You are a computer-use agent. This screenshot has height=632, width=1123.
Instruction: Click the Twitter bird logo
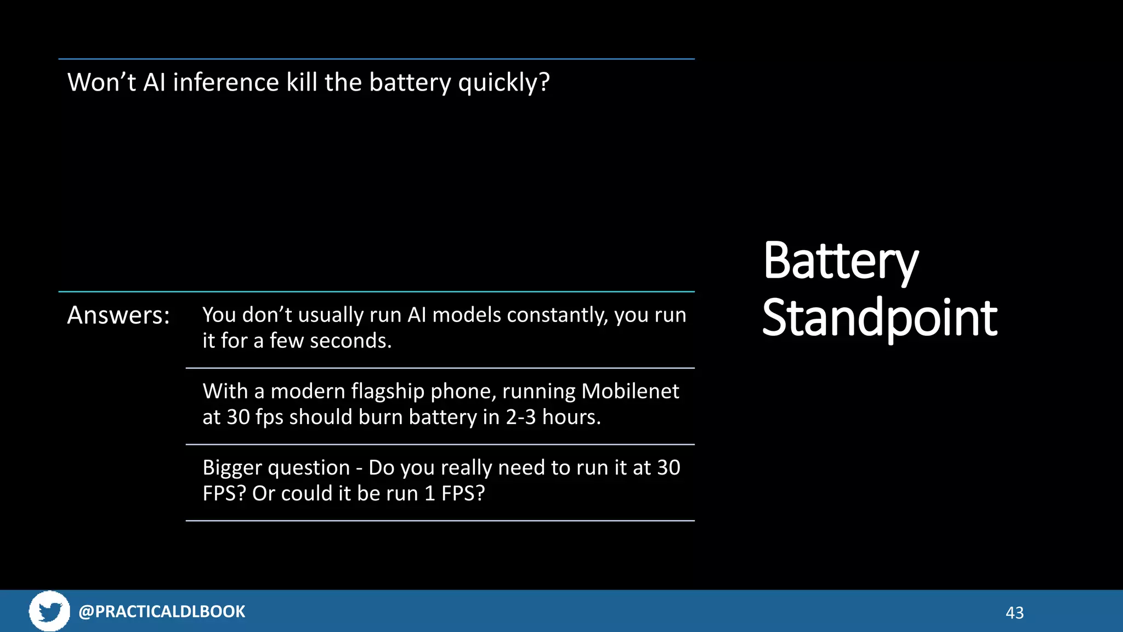pyautogui.click(x=49, y=611)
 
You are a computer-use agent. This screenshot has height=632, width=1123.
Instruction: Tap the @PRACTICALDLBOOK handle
pyautogui.click(x=162, y=611)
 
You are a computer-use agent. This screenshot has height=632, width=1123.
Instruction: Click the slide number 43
pyautogui.click(x=1014, y=613)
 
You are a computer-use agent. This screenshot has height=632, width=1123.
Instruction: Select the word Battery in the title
pyautogui.click(x=840, y=262)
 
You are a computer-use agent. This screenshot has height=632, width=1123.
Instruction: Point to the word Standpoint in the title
pyautogui.click(x=880, y=318)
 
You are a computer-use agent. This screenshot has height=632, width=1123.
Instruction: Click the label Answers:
pyautogui.click(x=118, y=315)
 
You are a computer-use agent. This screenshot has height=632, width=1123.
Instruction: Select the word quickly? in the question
pyautogui.click(x=503, y=83)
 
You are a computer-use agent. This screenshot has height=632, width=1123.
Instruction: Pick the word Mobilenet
pyautogui.click(x=630, y=391)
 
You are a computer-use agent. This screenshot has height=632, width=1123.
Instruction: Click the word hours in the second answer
pyautogui.click(x=571, y=417)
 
